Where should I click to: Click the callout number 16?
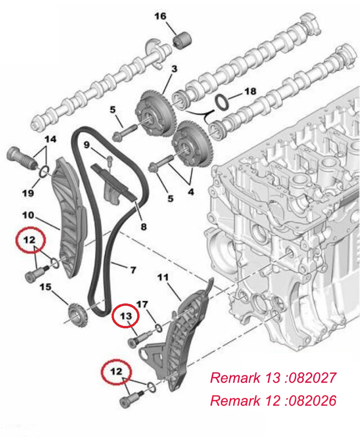(x=161, y=16)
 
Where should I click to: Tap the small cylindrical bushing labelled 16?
(x=182, y=41)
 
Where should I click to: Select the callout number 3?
(x=174, y=68)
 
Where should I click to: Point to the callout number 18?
(x=250, y=91)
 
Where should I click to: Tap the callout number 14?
(x=50, y=139)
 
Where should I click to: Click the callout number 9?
(x=87, y=145)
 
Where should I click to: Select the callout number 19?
(x=28, y=193)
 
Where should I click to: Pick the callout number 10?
(x=28, y=215)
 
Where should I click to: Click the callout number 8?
(x=144, y=226)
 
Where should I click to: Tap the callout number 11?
(x=163, y=277)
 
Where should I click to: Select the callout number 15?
(x=45, y=287)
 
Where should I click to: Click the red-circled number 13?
(x=126, y=316)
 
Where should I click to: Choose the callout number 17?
(x=142, y=304)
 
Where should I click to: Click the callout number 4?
(x=191, y=192)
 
